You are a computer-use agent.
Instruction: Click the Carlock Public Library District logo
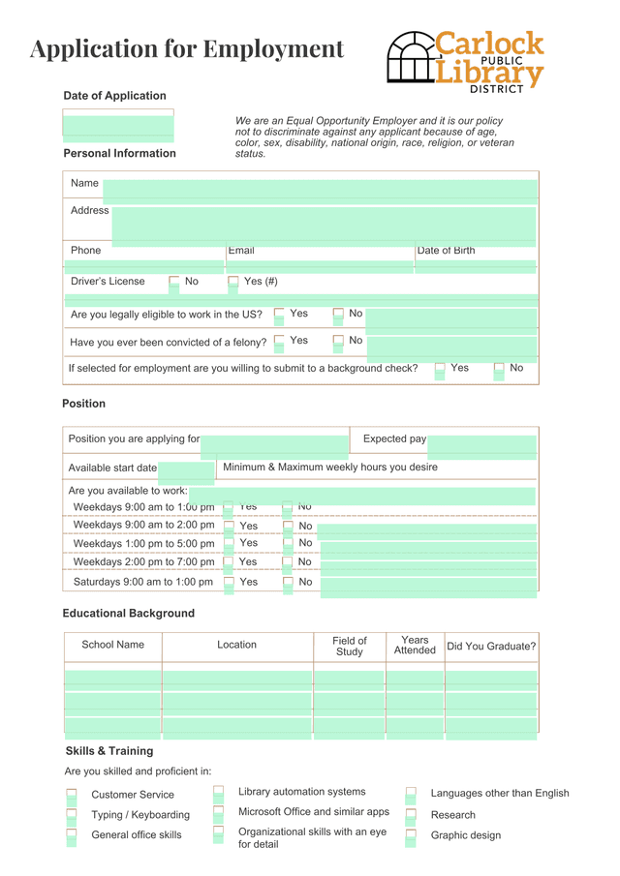point(465,61)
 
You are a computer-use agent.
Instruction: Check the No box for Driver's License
point(174,283)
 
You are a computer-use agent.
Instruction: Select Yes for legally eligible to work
point(279,315)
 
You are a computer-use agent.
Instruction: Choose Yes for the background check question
point(440,369)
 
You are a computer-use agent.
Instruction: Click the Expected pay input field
point(481,443)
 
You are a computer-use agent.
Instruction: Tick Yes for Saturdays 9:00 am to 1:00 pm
point(229,583)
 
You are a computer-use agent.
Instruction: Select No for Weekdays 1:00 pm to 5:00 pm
point(288,544)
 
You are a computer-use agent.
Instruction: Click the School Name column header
point(112,645)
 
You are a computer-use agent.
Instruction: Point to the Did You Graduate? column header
point(491,647)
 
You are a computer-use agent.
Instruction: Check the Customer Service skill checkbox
point(72,796)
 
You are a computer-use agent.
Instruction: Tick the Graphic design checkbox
point(410,835)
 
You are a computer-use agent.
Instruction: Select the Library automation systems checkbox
point(218,793)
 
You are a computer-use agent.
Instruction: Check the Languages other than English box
point(410,794)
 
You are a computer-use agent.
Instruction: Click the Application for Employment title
point(187,48)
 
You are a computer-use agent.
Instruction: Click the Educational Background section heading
point(128,614)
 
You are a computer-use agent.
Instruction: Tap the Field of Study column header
point(349,647)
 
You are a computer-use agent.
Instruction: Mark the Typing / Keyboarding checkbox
point(72,815)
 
